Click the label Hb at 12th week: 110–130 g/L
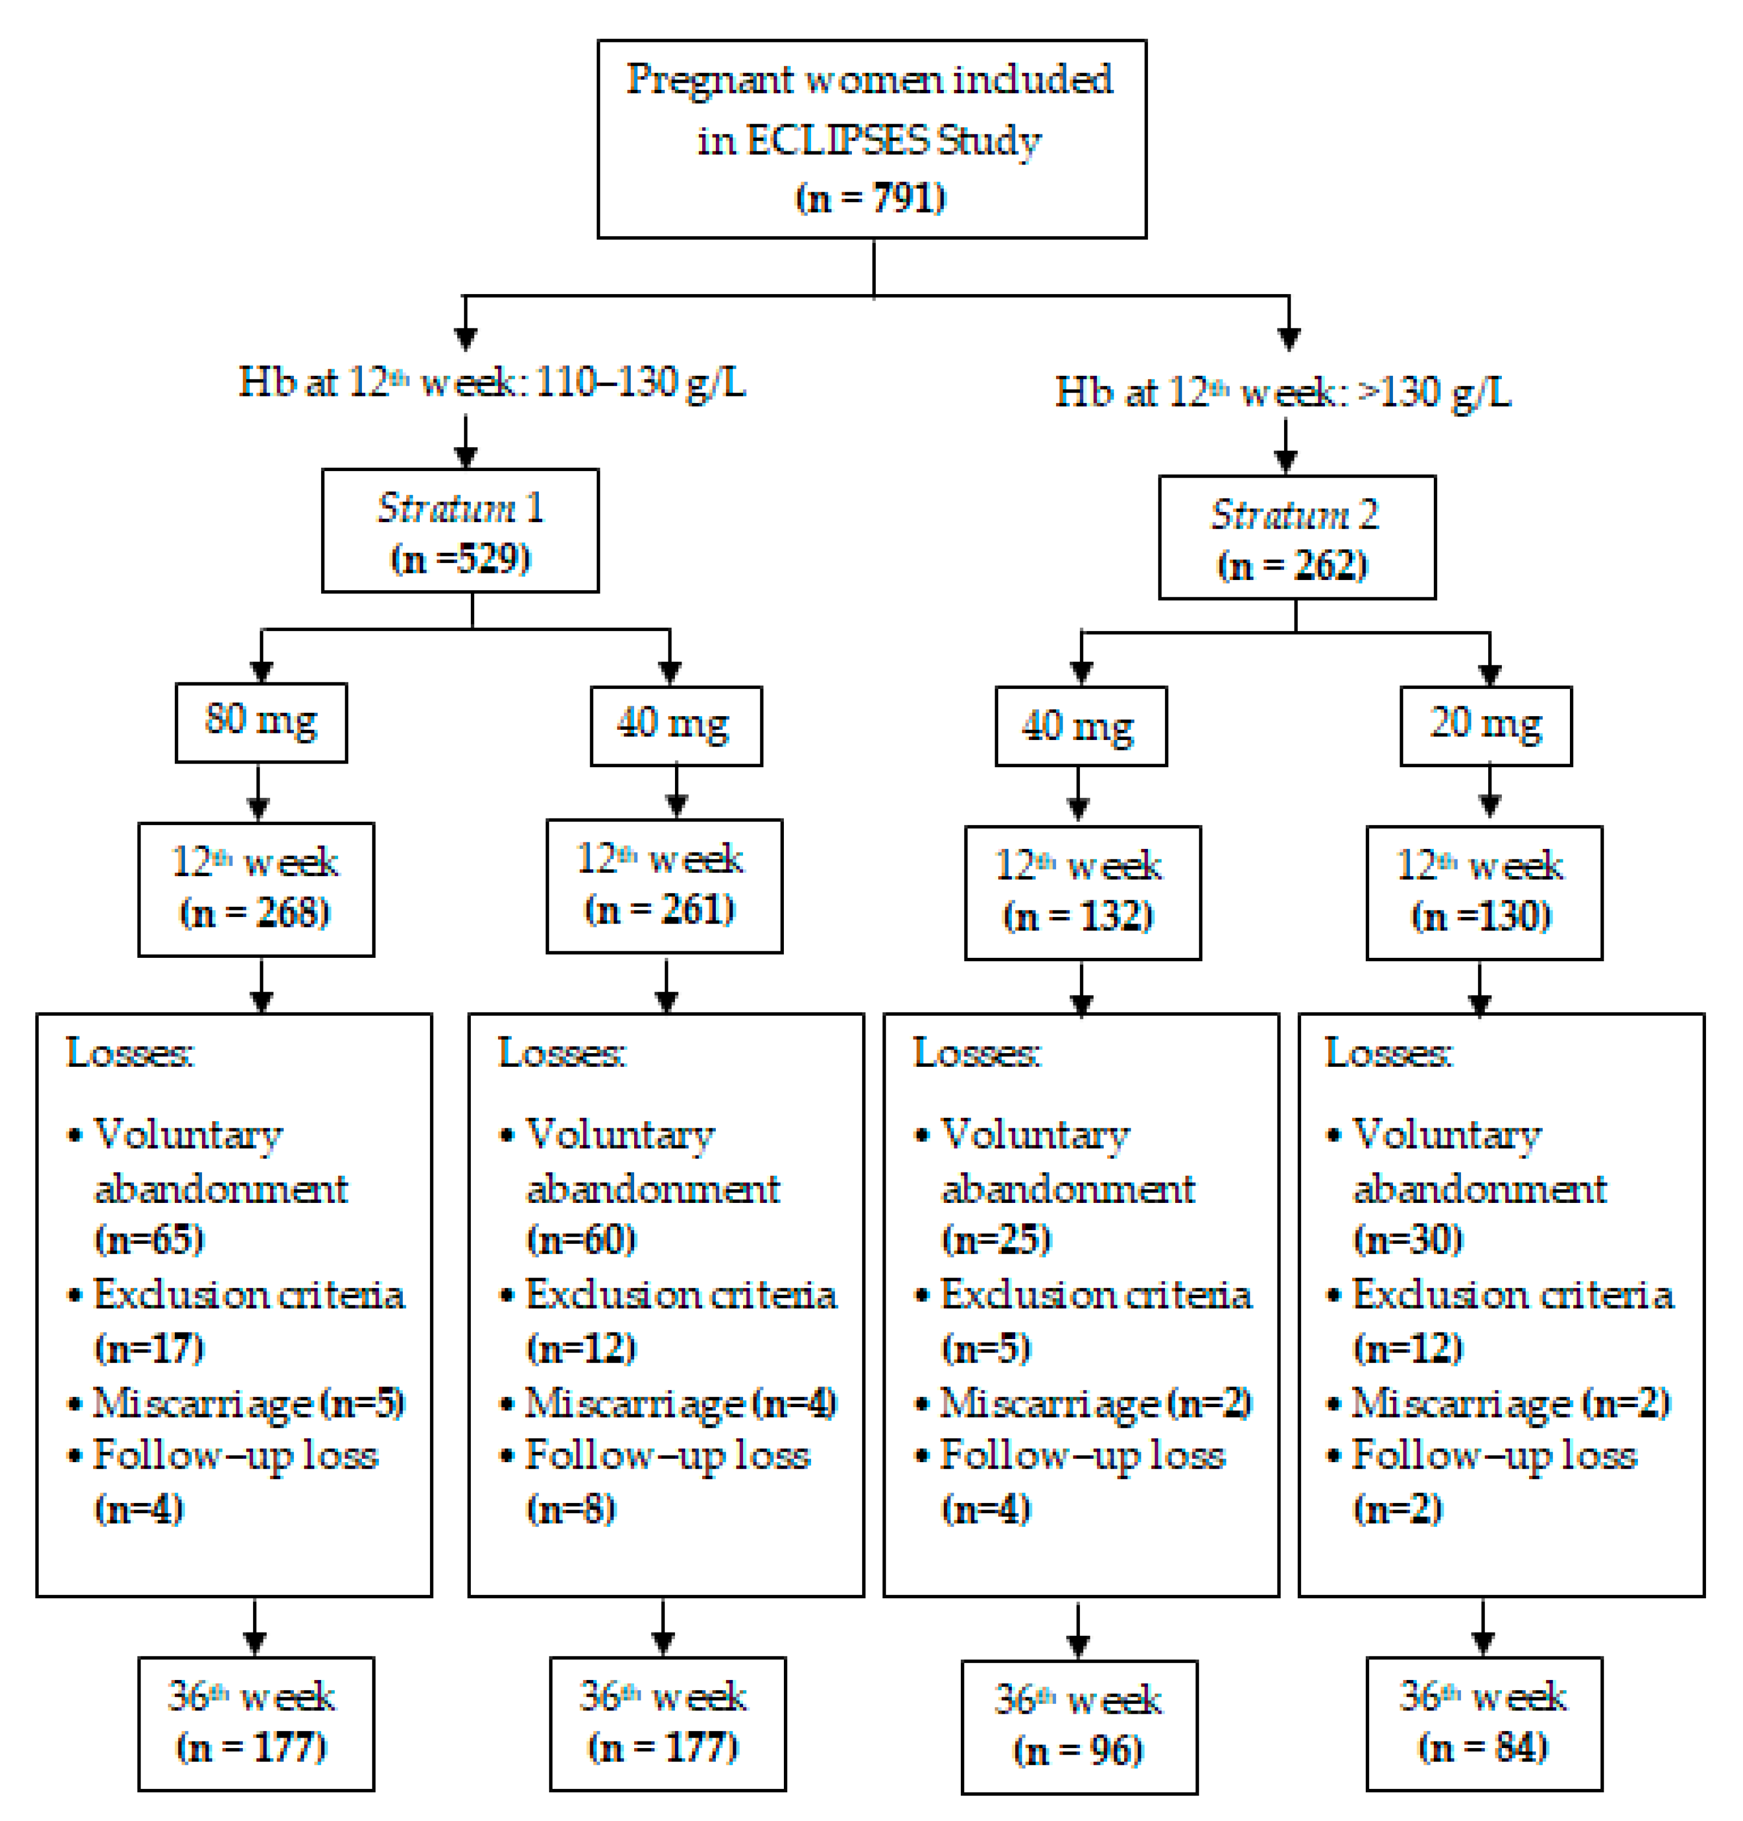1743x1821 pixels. tap(492, 382)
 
